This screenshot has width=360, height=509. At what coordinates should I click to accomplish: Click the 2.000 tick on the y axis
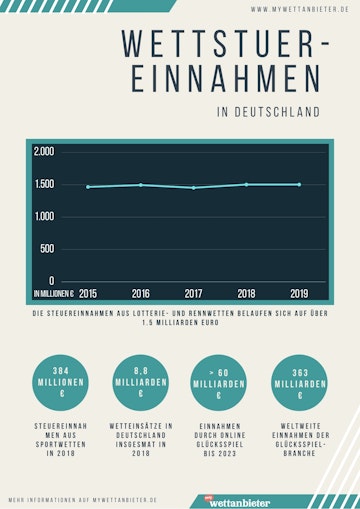click(x=44, y=152)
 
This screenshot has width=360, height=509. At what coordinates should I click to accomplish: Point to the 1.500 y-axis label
click(x=44, y=185)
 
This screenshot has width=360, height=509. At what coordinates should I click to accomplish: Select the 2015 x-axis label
click(x=88, y=294)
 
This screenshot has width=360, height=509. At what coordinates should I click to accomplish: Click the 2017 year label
click(x=194, y=294)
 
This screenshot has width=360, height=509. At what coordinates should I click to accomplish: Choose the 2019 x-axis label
click(x=299, y=294)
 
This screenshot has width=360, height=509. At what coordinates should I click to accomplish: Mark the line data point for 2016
click(x=141, y=185)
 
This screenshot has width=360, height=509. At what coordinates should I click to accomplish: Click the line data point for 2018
click(x=246, y=185)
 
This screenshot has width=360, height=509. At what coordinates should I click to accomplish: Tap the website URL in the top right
click(x=290, y=9)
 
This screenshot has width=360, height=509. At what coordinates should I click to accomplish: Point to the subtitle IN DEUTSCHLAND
click(x=268, y=112)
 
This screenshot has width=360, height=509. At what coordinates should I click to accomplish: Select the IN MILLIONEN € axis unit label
click(x=53, y=294)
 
